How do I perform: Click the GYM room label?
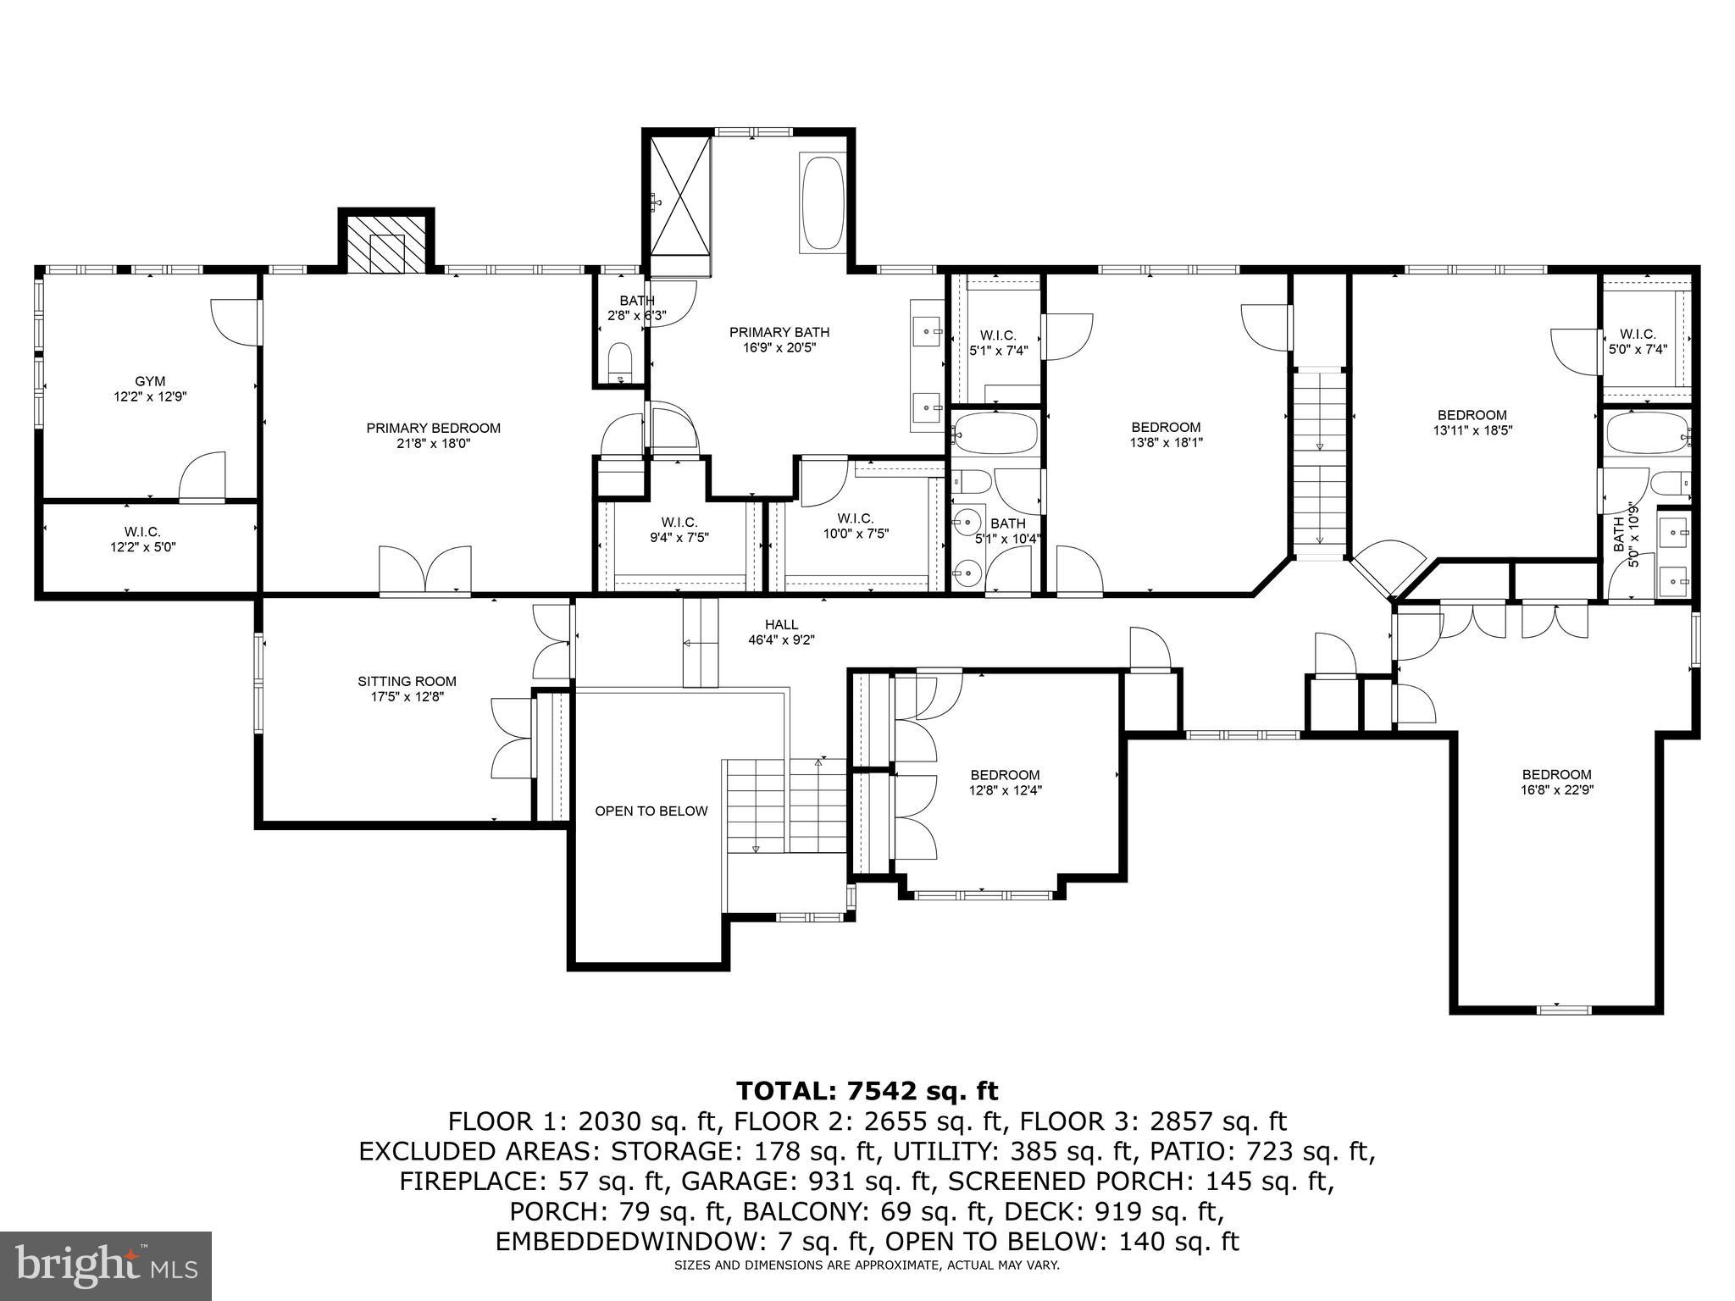click(x=150, y=381)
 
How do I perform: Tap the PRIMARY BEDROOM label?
click(x=433, y=429)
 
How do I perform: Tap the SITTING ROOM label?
click(x=407, y=681)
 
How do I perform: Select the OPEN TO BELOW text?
click(x=651, y=811)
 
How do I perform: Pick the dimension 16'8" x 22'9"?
click(x=1556, y=790)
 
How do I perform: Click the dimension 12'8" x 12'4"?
click(x=1006, y=790)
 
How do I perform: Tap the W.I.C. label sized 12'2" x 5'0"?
click(x=142, y=532)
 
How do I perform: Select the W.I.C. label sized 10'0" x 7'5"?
click(x=855, y=518)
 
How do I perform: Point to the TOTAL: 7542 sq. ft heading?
click(x=867, y=1090)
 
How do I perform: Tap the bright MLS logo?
click(x=106, y=1265)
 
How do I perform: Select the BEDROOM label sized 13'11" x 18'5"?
click(x=1472, y=415)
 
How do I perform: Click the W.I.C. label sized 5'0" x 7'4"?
click(x=1638, y=335)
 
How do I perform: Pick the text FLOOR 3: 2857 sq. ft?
click(x=1153, y=1121)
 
